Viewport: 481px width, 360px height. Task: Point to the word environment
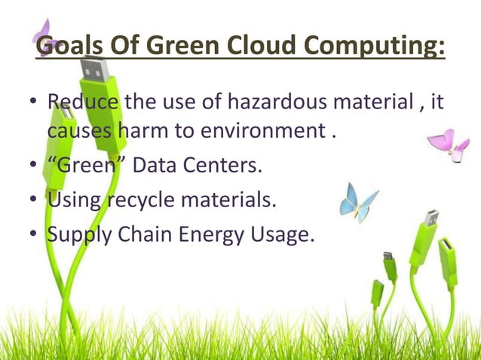click(x=259, y=132)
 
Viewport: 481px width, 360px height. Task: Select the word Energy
click(x=208, y=236)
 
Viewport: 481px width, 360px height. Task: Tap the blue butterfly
click(x=357, y=200)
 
